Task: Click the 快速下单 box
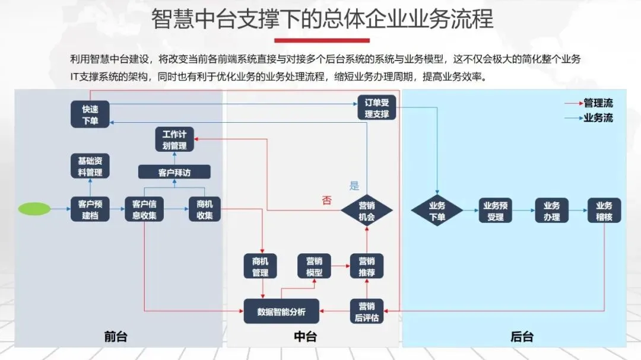point(90,115)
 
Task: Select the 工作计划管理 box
point(174,140)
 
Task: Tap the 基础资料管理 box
point(90,167)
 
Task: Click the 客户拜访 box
point(175,173)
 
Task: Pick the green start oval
point(34,209)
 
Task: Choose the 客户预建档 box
point(90,210)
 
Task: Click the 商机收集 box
point(204,210)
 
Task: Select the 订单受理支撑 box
point(377,108)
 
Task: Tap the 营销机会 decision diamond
point(367,211)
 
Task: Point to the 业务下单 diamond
point(437,211)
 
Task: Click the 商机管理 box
point(260,267)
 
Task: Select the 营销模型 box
point(314,267)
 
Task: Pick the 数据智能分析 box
point(281,311)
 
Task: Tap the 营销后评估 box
point(367,311)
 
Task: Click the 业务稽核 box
point(604,211)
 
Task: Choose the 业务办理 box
point(551,211)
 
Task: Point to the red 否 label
point(327,200)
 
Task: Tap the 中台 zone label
point(305,337)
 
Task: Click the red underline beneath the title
point(322,40)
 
